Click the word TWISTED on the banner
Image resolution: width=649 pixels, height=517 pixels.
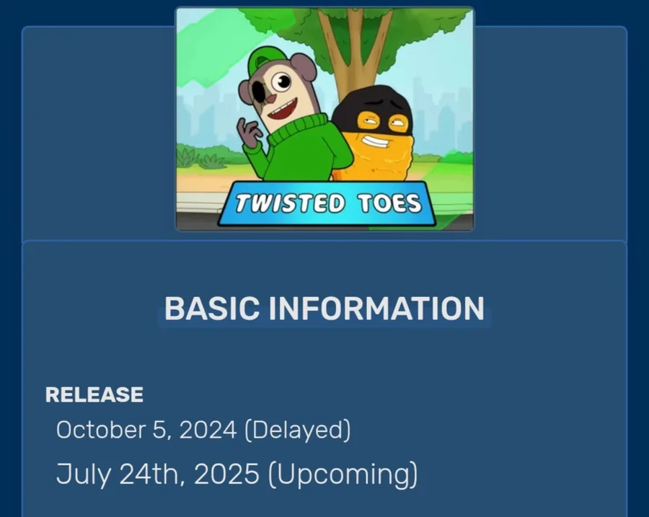click(x=290, y=203)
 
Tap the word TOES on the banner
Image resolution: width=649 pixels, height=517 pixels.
click(x=389, y=203)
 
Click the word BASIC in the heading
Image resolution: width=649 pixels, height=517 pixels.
click(x=212, y=309)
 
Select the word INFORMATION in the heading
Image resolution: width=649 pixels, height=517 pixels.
click(x=376, y=309)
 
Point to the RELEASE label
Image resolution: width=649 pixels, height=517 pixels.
click(x=94, y=394)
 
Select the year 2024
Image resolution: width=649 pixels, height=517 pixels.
click(x=208, y=430)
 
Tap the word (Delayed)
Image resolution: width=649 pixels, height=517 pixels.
click(x=298, y=430)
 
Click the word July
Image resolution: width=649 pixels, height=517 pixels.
click(x=83, y=474)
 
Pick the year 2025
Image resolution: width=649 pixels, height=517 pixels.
click(x=226, y=474)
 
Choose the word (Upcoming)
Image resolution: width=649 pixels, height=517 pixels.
click(x=343, y=474)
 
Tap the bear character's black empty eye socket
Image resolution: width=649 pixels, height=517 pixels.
click(x=260, y=92)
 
